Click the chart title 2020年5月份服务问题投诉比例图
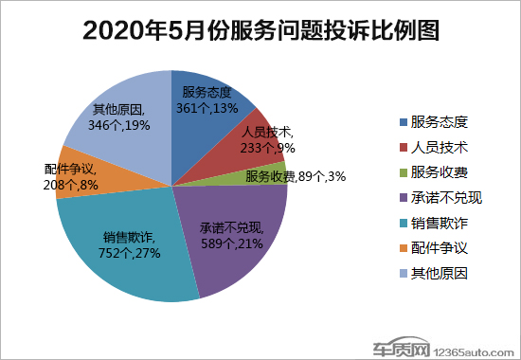[261, 30]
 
